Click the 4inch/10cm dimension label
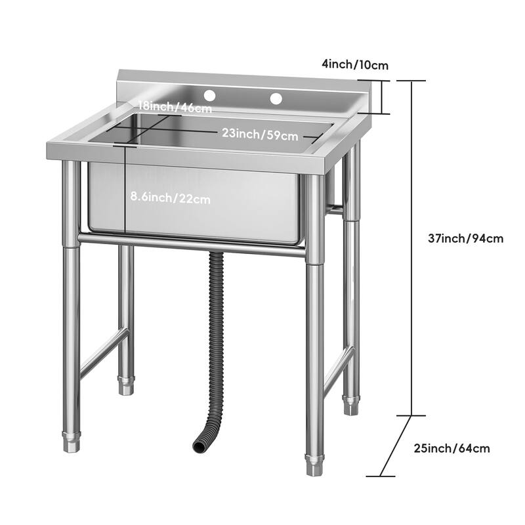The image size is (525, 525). (355, 64)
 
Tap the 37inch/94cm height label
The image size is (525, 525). (465, 238)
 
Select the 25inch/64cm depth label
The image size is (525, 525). (451, 449)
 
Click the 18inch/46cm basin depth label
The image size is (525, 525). (175, 108)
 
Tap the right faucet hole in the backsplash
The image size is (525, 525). (276, 98)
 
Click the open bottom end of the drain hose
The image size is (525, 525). (199, 446)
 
